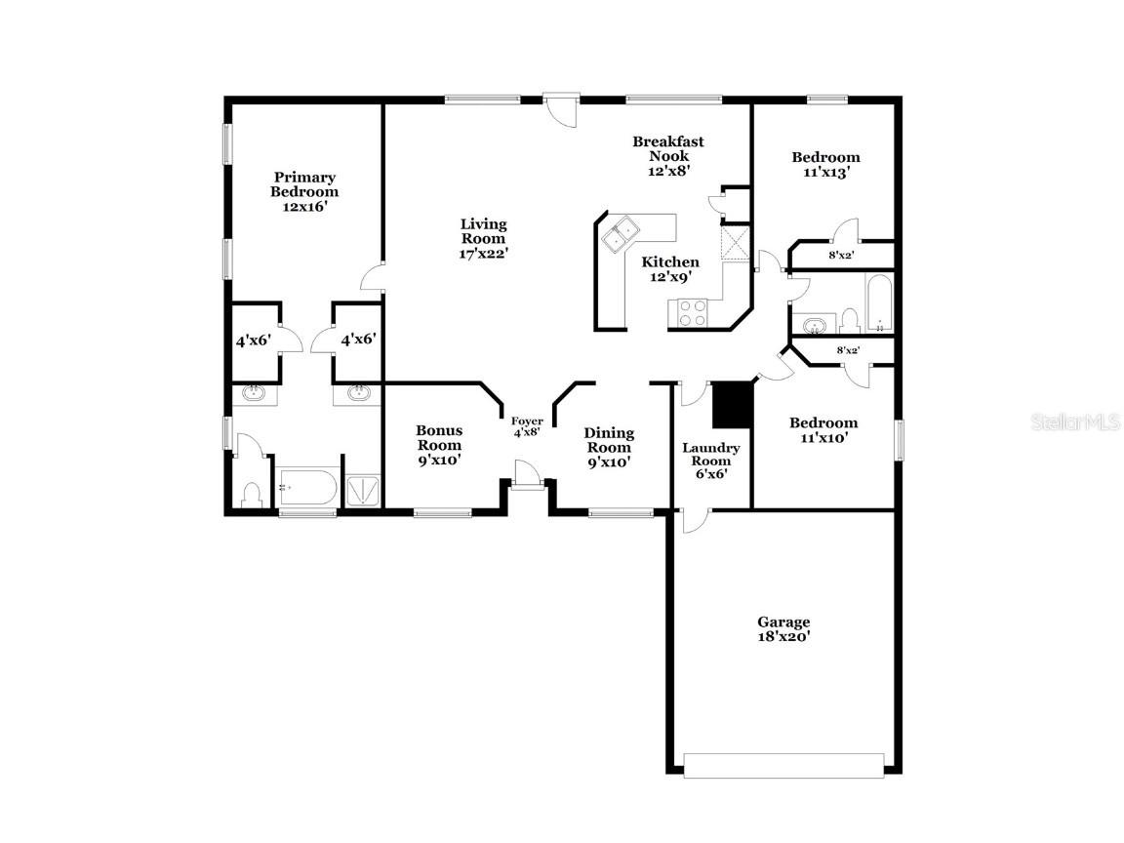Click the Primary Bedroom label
point(304,191)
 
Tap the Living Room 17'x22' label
point(484,238)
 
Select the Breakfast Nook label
point(667,155)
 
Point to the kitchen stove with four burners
point(692,313)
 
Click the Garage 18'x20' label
point(783,628)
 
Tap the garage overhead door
point(784,765)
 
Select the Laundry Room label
point(710,461)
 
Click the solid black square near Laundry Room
point(731,405)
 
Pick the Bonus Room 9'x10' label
point(439,445)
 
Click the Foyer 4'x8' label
point(527,426)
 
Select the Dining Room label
point(609,447)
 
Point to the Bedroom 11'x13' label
point(825,164)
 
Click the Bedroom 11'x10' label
point(823,429)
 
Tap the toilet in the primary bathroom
point(251,494)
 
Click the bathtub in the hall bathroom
point(878,303)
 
